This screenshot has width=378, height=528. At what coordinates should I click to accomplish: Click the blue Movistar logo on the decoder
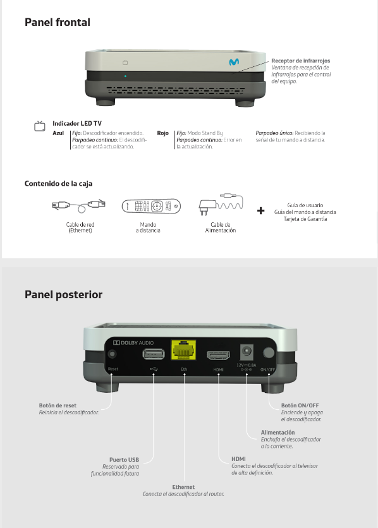[x=234, y=62]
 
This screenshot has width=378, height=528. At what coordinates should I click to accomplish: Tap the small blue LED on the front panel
[x=125, y=76]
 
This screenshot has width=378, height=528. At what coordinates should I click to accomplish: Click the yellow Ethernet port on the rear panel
[x=183, y=350]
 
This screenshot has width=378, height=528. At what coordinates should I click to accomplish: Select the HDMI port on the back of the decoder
[x=218, y=355]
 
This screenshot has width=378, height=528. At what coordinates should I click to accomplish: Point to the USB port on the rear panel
[x=154, y=354]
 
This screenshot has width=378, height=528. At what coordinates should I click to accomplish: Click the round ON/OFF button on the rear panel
[x=269, y=352]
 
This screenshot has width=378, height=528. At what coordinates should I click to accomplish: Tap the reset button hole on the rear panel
[x=112, y=354]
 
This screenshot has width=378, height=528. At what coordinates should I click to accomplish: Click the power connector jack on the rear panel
[x=247, y=352]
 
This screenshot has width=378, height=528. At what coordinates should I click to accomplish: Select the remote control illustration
[x=151, y=206]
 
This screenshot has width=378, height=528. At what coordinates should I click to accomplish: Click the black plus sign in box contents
[x=261, y=211]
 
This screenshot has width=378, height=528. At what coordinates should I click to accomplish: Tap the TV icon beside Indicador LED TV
[x=40, y=126]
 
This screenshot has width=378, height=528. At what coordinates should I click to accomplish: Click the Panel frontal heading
[x=58, y=22]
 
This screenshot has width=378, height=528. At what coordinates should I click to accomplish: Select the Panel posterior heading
[x=63, y=294]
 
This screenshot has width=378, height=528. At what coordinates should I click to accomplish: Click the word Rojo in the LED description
[x=162, y=133]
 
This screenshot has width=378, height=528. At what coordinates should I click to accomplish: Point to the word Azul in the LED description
[x=58, y=133]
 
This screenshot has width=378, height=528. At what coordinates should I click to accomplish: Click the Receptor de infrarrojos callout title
[x=300, y=61]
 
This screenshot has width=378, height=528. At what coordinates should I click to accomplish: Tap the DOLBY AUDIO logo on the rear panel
[x=133, y=343]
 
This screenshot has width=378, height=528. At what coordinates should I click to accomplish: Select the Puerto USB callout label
[x=124, y=460]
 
